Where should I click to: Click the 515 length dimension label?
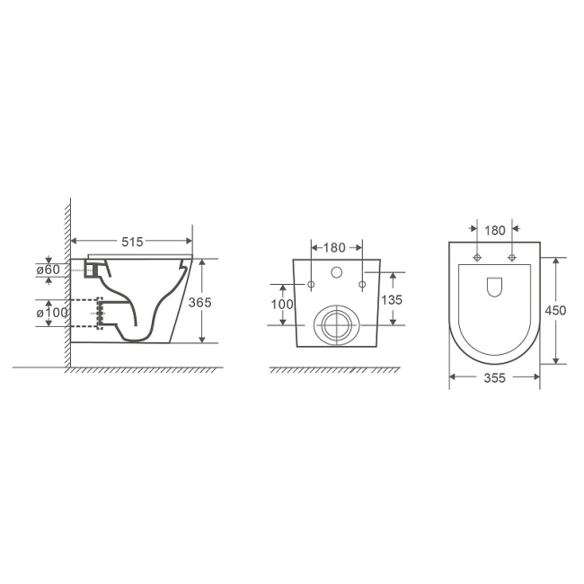pyautogui.click(x=132, y=242)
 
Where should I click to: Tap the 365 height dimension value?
pyautogui.click(x=199, y=303)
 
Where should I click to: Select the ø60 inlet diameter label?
pyautogui.click(x=48, y=270)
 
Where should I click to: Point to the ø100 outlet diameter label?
pyautogui.click(x=52, y=313)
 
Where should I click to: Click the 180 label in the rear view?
pyautogui.click(x=334, y=248)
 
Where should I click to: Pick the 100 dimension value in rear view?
pyautogui.click(x=282, y=305)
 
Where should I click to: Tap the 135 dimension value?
pyautogui.click(x=392, y=300)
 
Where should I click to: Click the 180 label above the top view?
pyautogui.click(x=495, y=231)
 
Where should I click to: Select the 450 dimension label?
pyautogui.click(x=555, y=310)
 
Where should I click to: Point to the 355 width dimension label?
pyautogui.click(x=495, y=378)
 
